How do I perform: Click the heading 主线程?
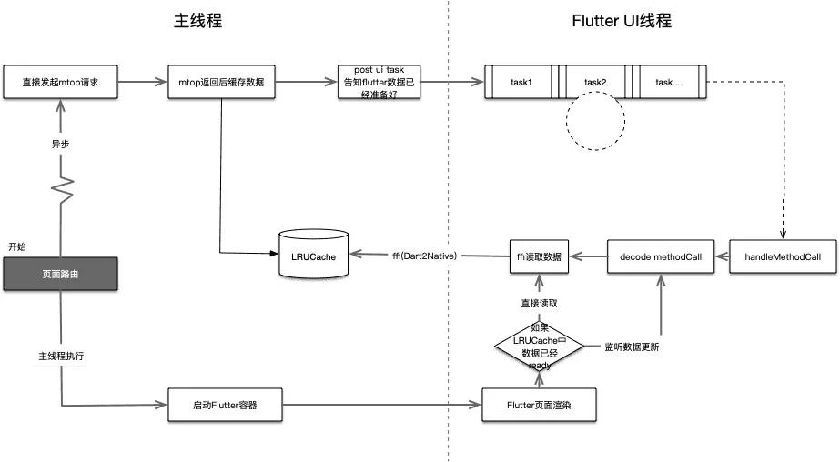[199, 21]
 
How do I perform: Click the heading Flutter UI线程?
[621, 21]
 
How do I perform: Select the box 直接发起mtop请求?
[60, 83]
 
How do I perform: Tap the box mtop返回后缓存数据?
[222, 83]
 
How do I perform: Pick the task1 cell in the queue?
[521, 83]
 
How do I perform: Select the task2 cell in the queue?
[595, 83]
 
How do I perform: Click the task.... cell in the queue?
[669, 83]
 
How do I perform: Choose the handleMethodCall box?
[782, 256]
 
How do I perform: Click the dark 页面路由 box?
[60, 273]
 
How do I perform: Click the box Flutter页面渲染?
[538, 404]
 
